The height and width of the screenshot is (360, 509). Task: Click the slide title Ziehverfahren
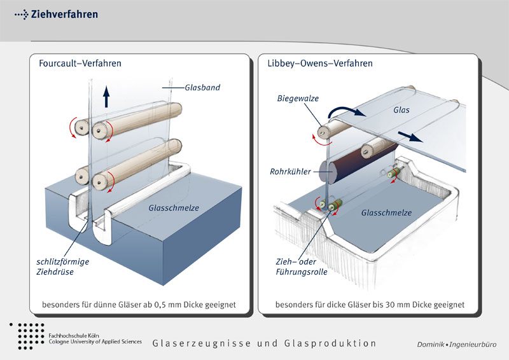pyautogui.click(x=64, y=14)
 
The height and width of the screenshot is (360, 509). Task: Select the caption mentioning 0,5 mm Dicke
pyautogui.click(x=138, y=305)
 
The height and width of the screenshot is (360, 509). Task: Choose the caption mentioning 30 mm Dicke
pyautogui.click(x=370, y=305)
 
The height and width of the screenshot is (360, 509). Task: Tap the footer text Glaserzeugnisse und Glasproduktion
pyautogui.click(x=264, y=343)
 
